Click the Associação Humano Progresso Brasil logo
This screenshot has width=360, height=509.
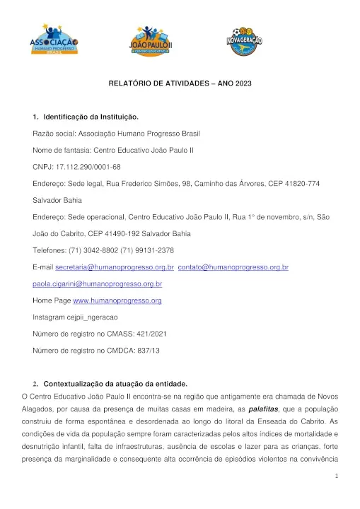pos(54,40)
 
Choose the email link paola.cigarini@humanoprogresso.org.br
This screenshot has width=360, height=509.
pos(98,284)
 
